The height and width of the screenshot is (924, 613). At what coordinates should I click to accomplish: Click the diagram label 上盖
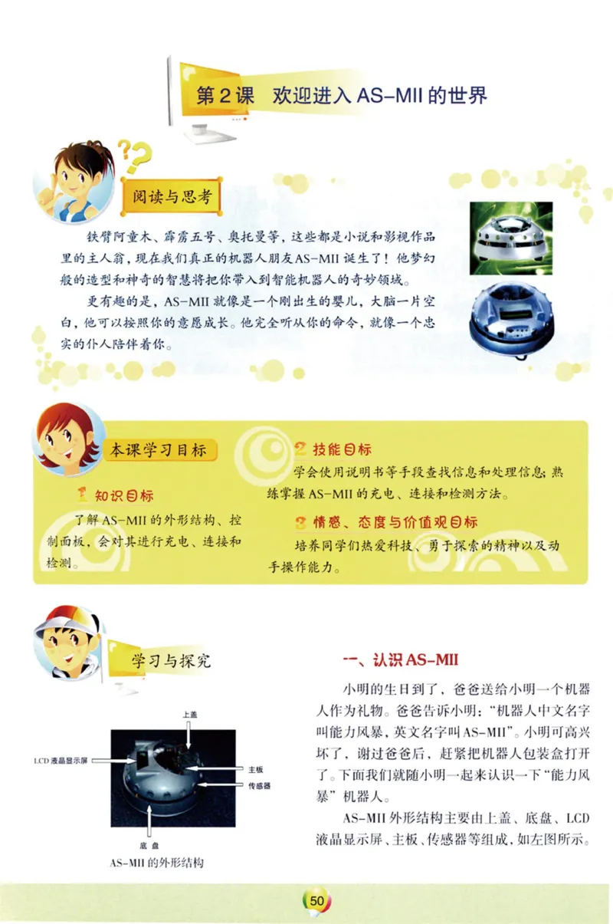tap(189, 715)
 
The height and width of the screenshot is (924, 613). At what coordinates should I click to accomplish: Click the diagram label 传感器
tap(259, 786)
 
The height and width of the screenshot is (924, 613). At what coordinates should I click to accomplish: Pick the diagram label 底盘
tap(150, 846)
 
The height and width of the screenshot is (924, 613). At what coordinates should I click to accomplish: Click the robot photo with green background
tap(510, 238)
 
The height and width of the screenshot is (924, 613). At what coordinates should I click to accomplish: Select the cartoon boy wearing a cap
tap(68, 638)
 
